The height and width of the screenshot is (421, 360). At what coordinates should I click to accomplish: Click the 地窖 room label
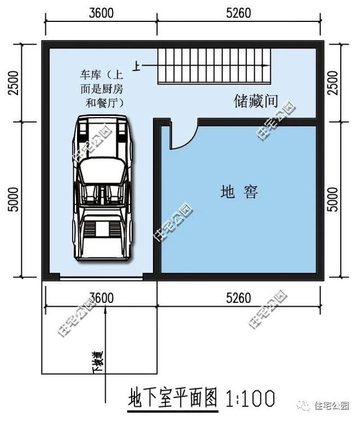[239, 192]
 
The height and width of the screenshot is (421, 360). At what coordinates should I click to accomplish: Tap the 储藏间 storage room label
[256, 101]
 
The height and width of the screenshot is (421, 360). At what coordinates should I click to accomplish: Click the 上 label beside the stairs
[137, 66]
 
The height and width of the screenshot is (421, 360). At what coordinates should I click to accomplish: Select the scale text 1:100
[250, 398]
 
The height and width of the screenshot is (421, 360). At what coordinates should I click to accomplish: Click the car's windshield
[101, 169]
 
